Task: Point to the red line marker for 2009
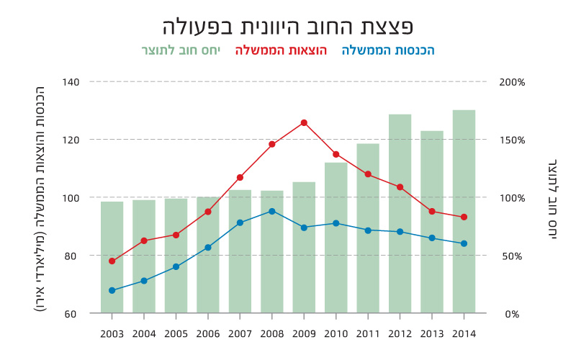click(304, 123)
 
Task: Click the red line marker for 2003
click(112, 261)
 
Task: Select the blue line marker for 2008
click(272, 211)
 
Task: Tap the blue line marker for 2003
click(112, 290)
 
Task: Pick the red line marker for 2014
click(464, 217)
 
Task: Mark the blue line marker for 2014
click(464, 243)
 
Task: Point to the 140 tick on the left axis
click(70, 82)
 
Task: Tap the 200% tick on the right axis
click(512, 82)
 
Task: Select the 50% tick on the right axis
click(512, 256)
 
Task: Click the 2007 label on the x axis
click(240, 334)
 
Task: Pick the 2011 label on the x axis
click(368, 334)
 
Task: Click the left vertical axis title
click(40, 198)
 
